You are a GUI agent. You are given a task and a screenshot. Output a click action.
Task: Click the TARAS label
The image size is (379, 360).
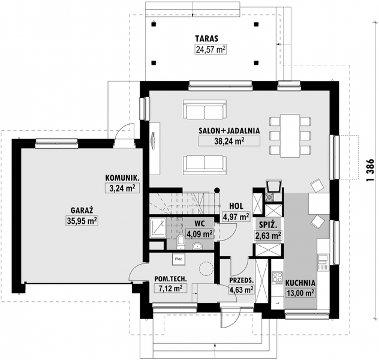207,38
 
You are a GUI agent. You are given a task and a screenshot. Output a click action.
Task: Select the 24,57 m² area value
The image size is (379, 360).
210,50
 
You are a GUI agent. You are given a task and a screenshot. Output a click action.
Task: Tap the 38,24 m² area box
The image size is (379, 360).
229,141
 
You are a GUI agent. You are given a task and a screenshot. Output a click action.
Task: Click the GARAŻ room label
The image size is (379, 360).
82,211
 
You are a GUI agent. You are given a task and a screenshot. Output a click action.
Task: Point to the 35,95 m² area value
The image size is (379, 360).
82,221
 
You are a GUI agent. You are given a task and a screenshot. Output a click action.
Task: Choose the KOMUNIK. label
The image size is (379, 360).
122,178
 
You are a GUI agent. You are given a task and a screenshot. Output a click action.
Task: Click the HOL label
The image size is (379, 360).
236,206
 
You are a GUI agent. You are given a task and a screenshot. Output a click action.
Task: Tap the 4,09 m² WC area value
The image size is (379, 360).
200,234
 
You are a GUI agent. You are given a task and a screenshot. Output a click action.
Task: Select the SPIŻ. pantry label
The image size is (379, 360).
268,225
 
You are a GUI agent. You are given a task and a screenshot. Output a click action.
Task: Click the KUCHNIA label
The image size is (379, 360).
300,283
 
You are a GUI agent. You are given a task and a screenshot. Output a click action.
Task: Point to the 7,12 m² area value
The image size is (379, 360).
171,288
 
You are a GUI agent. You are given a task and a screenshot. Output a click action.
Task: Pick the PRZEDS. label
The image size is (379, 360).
241,280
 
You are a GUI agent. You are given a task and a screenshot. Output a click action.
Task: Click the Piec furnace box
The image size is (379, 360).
179,259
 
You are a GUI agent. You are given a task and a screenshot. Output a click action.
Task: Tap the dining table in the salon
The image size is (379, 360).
290,136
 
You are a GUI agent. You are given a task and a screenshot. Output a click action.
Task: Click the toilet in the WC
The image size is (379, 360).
181,242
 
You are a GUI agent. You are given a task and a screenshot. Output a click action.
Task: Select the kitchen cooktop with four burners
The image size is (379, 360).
278,278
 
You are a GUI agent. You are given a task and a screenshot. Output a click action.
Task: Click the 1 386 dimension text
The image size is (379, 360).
370,171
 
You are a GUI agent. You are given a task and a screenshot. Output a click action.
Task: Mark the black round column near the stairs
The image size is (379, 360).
217,190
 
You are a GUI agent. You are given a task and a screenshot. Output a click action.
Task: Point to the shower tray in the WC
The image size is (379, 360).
158,228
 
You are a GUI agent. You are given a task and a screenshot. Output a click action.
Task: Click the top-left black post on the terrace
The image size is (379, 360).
154,24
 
